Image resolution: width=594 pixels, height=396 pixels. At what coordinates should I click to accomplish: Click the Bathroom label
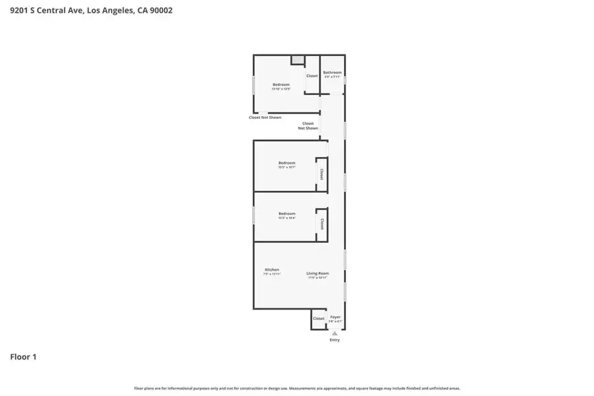(x=332, y=73)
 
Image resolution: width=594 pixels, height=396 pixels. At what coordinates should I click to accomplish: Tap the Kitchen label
(x=272, y=270)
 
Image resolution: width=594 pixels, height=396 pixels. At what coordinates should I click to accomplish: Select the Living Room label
(x=317, y=273)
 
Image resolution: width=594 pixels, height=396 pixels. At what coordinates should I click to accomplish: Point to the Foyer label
(x=335, y=317)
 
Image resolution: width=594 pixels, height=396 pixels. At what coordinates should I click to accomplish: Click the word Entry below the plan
(x=335, y=340)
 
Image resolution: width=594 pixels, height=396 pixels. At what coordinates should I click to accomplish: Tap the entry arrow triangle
(x=335, y=333)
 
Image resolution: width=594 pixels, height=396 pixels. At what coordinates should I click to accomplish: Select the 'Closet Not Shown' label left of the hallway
(x=265, y=117)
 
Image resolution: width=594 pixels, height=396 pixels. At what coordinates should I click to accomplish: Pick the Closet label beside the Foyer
(x=319, y=319)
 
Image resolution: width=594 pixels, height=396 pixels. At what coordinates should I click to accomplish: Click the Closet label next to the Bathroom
(x=312, y=76)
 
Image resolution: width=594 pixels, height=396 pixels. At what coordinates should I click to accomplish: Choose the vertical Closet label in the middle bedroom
(x=321, y=174)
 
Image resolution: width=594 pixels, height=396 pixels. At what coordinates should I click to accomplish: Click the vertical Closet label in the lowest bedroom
(x=321, y=224)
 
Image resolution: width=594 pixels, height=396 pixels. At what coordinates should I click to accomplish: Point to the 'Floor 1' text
(x=23, y=357)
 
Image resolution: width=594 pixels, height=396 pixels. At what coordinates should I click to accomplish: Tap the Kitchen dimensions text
(x=272, y=274)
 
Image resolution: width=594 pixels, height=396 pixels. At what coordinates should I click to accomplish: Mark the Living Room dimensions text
(x=317, y=278)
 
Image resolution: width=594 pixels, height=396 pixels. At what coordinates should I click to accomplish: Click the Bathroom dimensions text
(x=332, y=77)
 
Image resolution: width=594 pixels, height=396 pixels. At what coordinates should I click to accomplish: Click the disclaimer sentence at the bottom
(x=297, y=389)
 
